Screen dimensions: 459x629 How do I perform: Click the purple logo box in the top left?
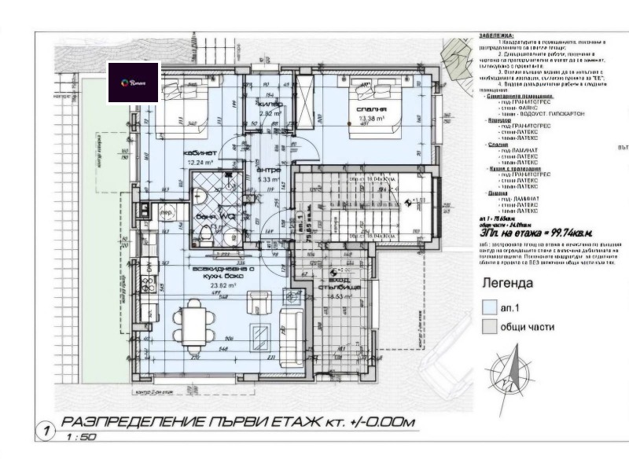pyautogui.click(x=134, y=83)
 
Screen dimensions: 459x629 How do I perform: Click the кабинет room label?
pyautogui.click(x=200, y=153)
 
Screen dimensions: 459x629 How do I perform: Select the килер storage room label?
pyautogui.click(x=271, y=103)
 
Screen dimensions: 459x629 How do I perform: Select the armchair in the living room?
pyautogui.click(x=258, y=302)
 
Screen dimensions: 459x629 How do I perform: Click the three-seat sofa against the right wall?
pyautogui.click(x=296, y=330)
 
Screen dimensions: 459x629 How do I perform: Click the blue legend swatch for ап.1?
pyautogui.click(x=488, y=308)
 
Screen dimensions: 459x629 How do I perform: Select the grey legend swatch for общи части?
pyautogui.click(x=488, y=326)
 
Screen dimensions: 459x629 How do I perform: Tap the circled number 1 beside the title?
pyautogui.click(x=47, y=431)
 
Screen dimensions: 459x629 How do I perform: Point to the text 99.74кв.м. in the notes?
pyautogui.click(x=566, y=233)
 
